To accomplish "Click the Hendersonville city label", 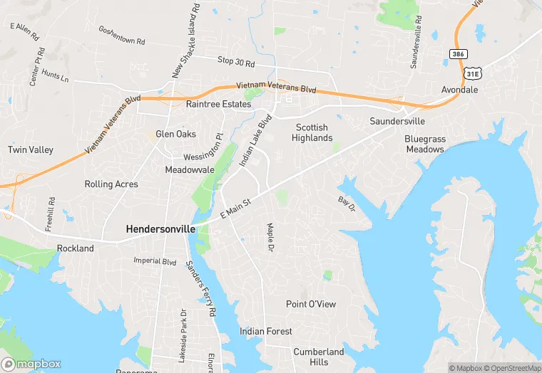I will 160,229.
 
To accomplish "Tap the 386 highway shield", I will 456,54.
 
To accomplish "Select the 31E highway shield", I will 471,73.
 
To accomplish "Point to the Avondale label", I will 459,90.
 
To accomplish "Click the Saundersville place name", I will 397,121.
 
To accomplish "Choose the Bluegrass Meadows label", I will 425,144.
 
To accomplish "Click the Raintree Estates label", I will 218,105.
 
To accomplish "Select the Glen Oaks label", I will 175,134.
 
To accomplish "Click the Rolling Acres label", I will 111,184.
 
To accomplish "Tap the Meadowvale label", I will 190,170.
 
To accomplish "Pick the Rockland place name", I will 75,248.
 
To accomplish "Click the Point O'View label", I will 311,304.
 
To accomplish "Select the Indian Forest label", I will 266,331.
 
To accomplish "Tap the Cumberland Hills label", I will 319,357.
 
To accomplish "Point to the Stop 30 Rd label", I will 235,63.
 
